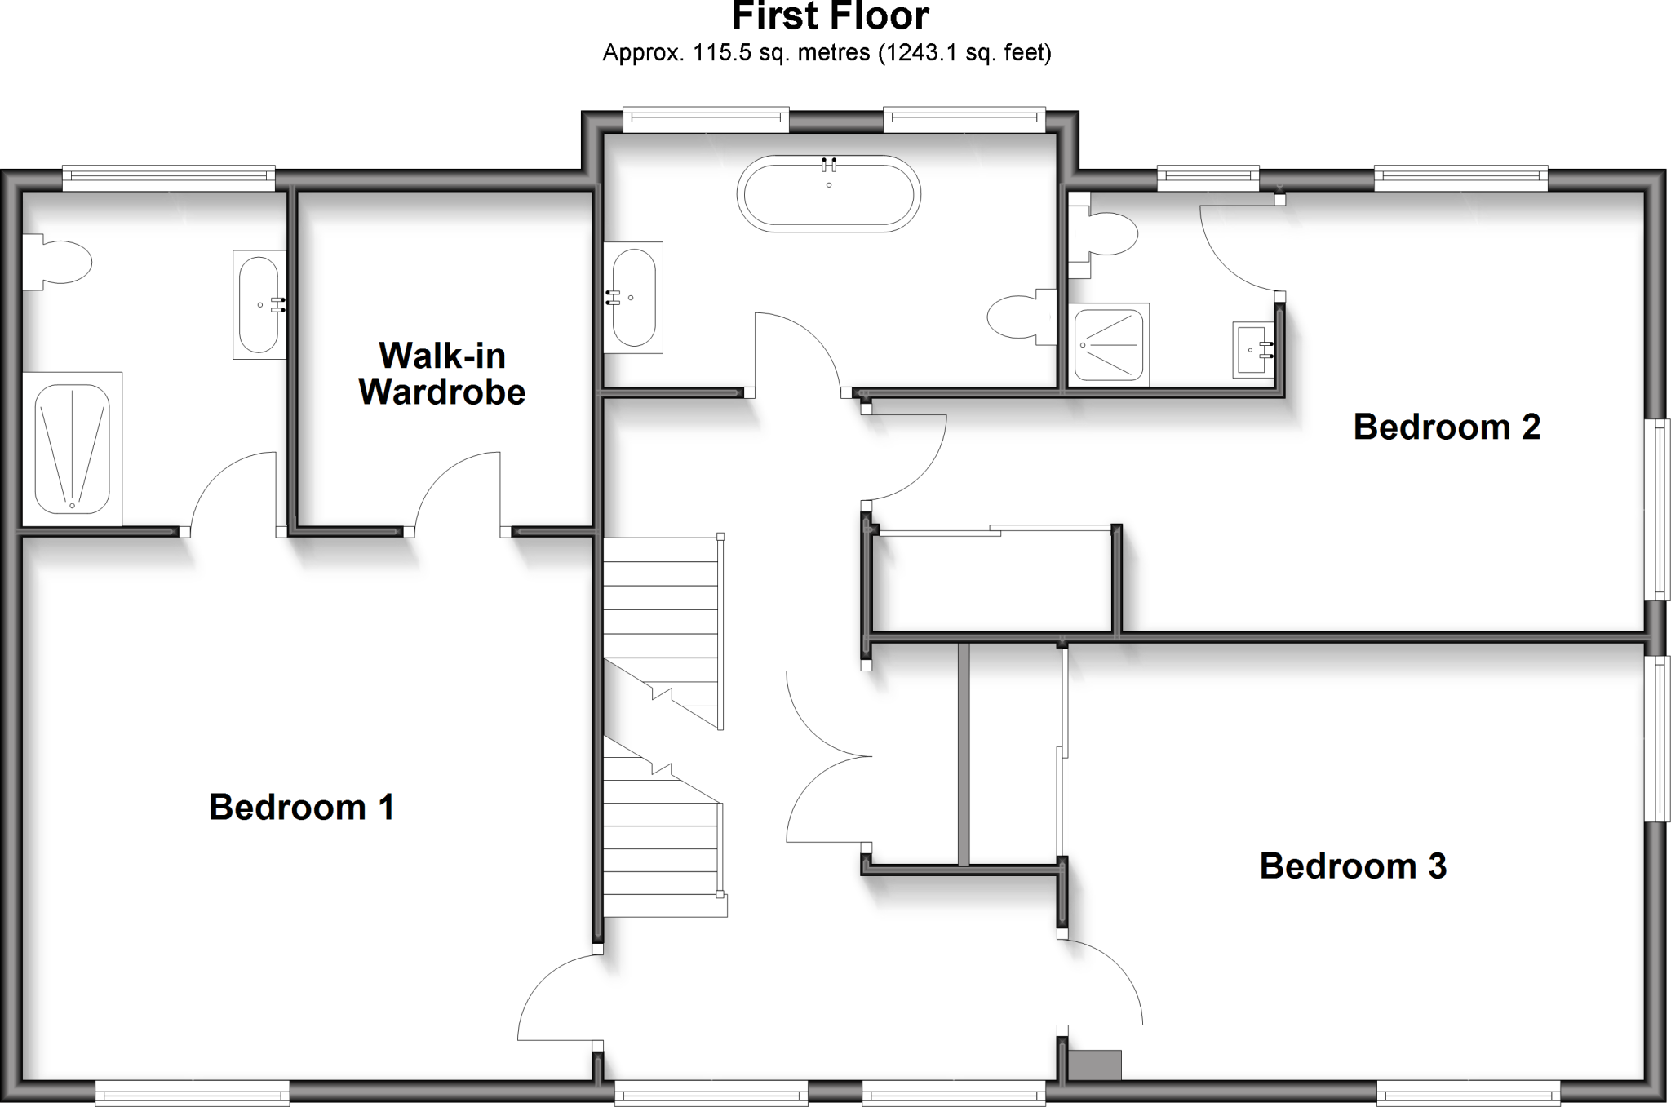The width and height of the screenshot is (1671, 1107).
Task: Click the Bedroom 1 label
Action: coord(302,808)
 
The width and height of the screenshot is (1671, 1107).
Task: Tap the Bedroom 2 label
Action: coord(1446,427)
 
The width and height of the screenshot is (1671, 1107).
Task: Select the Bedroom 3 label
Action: coord(1353,866)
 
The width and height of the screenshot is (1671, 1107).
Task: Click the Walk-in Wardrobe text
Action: coord(442,374)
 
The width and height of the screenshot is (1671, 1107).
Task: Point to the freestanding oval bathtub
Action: coord(828,194)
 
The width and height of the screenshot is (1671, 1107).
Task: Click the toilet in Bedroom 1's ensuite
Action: coord(59,262)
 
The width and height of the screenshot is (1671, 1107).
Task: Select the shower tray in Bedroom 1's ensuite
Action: coord(72,449)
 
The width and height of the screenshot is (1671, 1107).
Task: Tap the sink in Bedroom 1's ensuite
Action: coord(259,304)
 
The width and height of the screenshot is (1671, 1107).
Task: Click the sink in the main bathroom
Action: coord(633,297)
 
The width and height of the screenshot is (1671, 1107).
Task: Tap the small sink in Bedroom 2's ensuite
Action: coord(1252,350)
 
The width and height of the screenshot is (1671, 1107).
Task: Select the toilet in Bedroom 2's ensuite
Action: coord(1106,235)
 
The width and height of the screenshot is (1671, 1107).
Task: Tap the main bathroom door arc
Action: coord(798,351)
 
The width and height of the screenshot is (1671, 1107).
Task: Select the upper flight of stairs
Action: coord(661,620)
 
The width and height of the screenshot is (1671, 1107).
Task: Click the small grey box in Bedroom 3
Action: coord(1095,1065)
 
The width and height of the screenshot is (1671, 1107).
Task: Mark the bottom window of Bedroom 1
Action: coord(193,1092)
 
